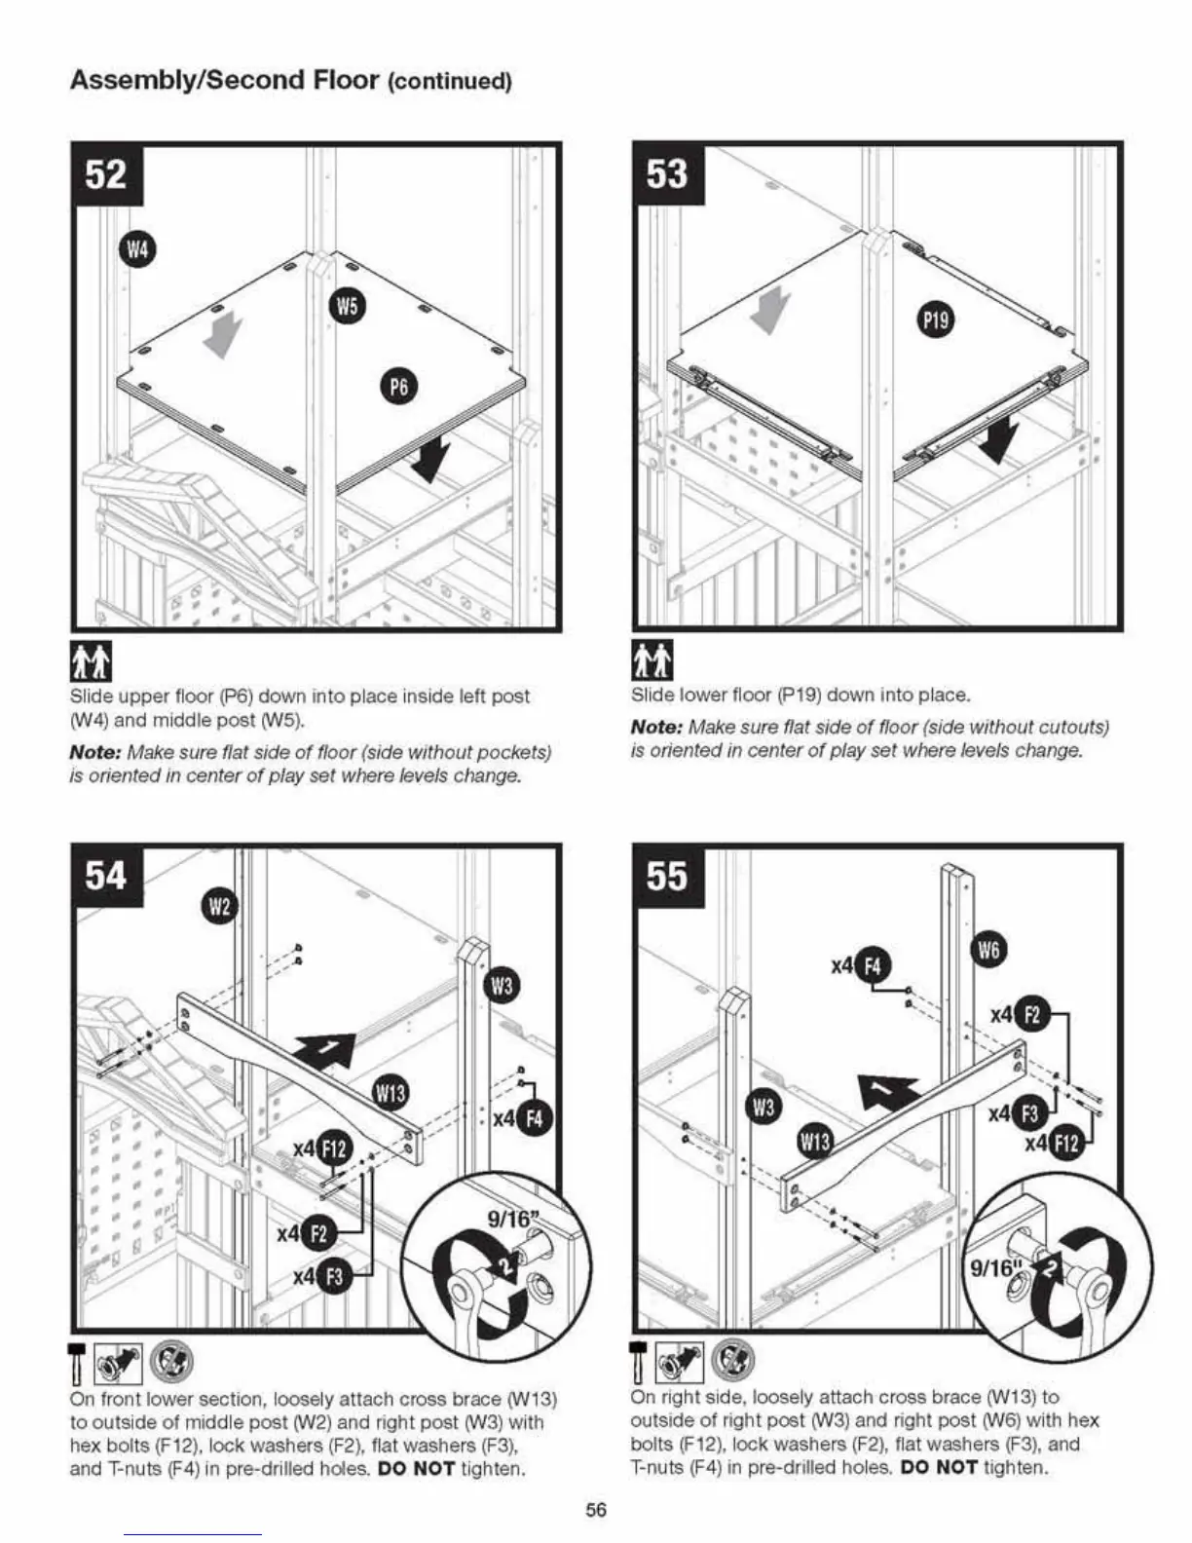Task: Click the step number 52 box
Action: (107, 175)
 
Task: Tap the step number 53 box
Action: (667, 175)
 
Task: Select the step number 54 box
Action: (107, 876)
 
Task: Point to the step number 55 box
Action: (667, 876)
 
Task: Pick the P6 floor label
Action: (398, 388)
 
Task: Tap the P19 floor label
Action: (936, 320)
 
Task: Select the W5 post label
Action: (347, 305)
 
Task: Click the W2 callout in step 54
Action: (219, 908)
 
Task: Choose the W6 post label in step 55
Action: (989, 951)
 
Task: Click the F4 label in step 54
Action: (534, 1119)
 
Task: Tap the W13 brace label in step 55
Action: (815, 1143)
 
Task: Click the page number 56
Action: (596, 1509)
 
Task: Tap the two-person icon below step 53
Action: (652, 661)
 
